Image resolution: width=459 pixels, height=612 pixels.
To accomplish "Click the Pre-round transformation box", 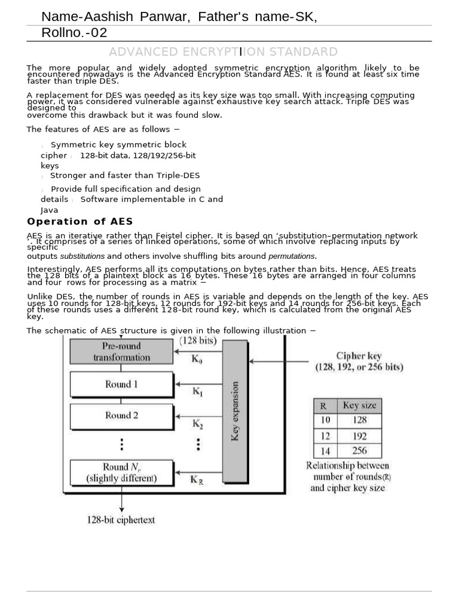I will pos(121,351).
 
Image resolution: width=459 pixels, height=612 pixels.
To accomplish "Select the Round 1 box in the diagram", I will pos(121,384).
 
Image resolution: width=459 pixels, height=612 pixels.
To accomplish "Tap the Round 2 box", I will pos(121,415).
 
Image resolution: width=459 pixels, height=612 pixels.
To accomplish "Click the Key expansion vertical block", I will pos(235,411).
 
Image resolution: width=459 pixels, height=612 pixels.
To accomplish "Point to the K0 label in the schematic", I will pos(197,360).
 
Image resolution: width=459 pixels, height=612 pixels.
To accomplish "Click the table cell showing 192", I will pos(359,436).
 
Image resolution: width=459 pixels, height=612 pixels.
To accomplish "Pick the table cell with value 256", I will pos(359,451).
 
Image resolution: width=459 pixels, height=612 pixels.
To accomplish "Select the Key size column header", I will pos(359,405).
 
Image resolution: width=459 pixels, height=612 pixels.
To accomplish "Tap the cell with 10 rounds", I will pos(325,420).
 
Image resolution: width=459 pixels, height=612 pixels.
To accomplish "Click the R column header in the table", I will pos(324,405).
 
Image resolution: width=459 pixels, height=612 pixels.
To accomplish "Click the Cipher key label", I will pos(359,356).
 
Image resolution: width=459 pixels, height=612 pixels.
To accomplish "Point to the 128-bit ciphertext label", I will pos(121,519).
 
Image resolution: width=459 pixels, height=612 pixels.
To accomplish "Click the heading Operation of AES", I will pos(79,222).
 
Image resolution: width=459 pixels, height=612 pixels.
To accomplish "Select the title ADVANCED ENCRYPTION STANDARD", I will pos(223,52).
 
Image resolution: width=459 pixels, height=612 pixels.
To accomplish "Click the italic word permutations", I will pos(292,256).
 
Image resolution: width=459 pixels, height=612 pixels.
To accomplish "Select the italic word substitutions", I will pos(82,256).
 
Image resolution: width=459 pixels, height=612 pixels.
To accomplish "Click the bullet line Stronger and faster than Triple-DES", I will pos(125,176).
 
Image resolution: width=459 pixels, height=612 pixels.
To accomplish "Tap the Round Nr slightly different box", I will pos(121,472).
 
